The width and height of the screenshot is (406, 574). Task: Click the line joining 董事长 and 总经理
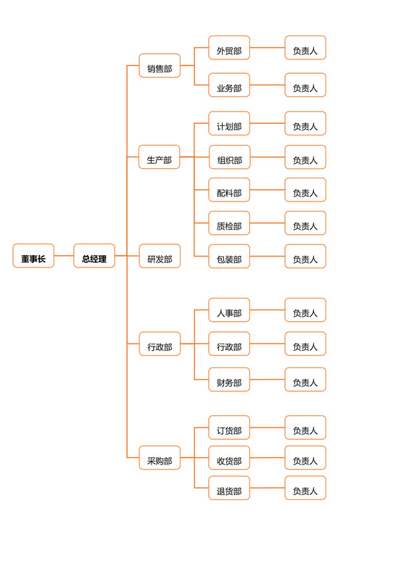[64, 256]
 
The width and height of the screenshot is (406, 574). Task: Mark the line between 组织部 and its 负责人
[267, 157]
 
